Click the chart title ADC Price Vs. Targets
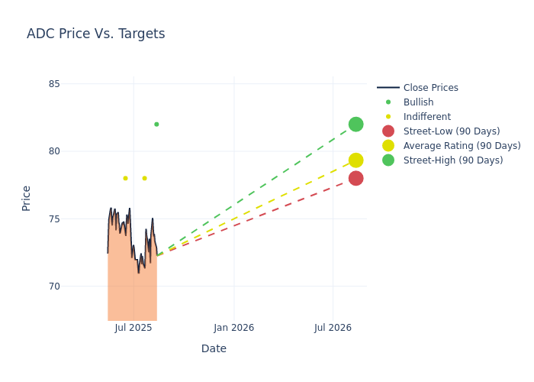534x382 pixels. pyautogui.click(x=95, y=34)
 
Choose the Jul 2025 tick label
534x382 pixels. pyautogui.click(x=133, y=328)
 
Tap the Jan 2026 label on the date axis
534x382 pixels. pyautogui.click(x=233, y=328)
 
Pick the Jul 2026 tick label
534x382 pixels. pyautogui.click(x=333, y=328)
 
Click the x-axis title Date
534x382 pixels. pyautogui.click(x=214, y=348)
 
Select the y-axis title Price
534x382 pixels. pyautogui.click(x=27, y=198)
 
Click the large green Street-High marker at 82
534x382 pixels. pyautogui.click(x=355, y=125)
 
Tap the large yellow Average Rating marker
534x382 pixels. pyautogui.click(x=355, y=160)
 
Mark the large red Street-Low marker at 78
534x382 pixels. pyautogui.click(x=355, y=178)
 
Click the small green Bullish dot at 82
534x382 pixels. pyautogui.click(x=156, y=125)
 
